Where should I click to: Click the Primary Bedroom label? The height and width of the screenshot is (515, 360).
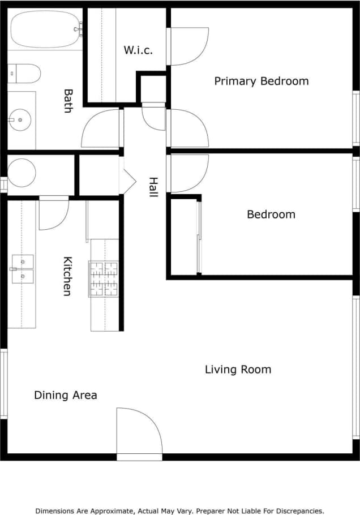coord(261,81)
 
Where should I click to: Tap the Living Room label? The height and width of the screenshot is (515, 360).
coord(238,370)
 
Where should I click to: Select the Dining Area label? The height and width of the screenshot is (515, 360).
coord(65,395)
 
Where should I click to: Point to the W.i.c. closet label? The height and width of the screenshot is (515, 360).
coord(139,50)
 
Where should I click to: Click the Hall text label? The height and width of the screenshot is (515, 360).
coord(153,187)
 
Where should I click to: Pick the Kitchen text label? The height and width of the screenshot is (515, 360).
coord(67,276)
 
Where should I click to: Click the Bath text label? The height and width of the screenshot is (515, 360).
coord(68,101)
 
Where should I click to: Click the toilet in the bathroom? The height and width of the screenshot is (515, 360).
coord(24,73)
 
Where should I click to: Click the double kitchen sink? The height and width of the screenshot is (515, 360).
coord(23,269)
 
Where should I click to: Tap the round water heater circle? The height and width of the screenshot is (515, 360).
coord(22,173)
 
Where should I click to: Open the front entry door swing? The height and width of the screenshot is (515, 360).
coord(139,433)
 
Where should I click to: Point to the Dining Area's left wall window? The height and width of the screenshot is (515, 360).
coord(3,384)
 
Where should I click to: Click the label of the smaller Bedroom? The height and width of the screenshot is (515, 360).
coord(271,214)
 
